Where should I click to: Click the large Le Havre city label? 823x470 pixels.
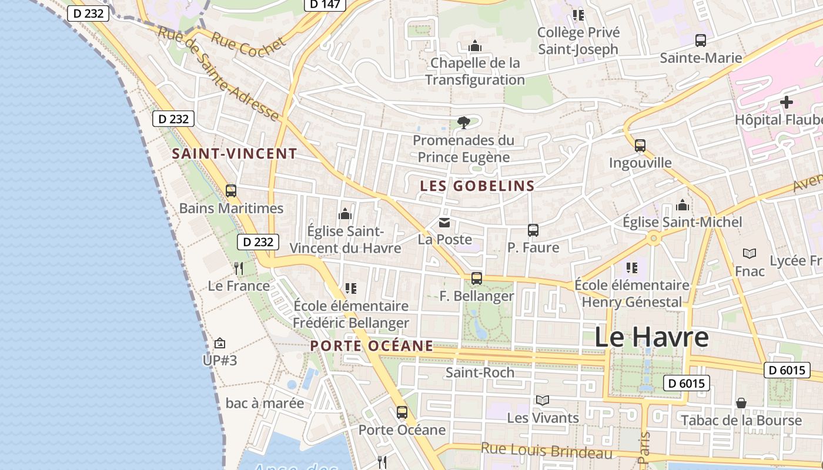651,338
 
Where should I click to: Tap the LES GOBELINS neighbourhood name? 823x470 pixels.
477,186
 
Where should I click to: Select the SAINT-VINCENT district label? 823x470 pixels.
234,154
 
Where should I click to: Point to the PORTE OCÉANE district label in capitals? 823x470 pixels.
372,346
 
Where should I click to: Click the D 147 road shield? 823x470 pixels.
325,4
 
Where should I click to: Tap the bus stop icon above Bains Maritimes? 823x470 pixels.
231,191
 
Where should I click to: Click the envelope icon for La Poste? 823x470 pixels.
444,223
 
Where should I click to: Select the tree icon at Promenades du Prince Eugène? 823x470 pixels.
464,123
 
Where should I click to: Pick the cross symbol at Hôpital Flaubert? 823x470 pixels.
786,103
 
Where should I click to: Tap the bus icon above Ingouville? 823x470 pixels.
640,146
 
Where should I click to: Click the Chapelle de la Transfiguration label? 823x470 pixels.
475,71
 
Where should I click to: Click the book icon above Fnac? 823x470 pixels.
750,254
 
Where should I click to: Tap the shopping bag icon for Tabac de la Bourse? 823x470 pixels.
741,403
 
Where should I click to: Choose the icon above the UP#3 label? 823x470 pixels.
220,343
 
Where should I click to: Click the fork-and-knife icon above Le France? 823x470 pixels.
238,268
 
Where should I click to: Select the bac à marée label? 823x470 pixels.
265,404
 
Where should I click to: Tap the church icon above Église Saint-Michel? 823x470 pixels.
683,205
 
